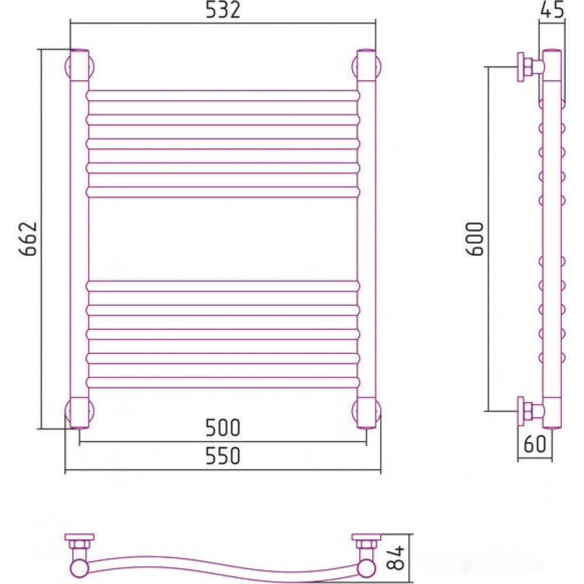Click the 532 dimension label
point(223,10)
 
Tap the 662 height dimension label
point(28,239)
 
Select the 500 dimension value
point(223,428)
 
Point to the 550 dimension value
point(223,456)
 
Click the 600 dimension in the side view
point(475,239)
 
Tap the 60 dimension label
point(534,444)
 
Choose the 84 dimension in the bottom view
point(395,557)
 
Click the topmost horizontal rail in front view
point(223,96)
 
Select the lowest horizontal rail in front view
point(223,382)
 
